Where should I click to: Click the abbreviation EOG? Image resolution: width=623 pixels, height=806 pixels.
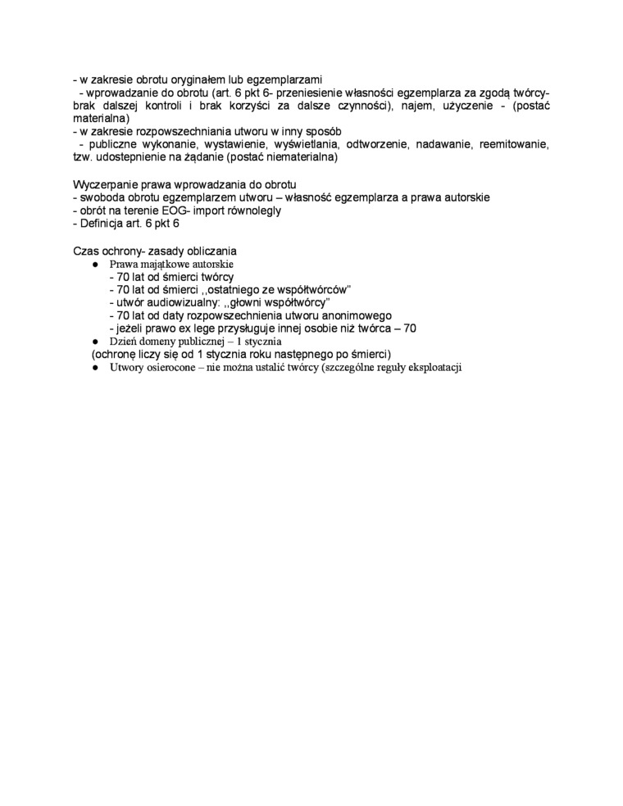click(x=178, y=211)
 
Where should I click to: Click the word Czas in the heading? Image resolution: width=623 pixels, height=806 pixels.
click(x=87, y=250)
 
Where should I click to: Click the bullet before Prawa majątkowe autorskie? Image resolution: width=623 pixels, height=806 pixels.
click(x=95, y=265)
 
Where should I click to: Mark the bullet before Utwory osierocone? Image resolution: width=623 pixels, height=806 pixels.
click(x=95, y=368)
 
